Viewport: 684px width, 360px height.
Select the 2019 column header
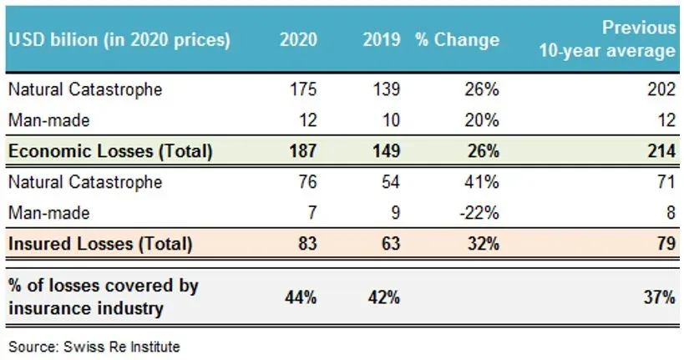click(380, 39)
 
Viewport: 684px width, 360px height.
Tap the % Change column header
click(457, 39)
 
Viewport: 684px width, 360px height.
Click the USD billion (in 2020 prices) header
click(119, 39)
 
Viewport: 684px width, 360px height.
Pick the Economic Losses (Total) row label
click(110, 151)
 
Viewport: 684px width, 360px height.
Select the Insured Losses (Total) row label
click(101, 244)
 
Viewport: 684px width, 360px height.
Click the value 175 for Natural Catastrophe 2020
click(303, 89)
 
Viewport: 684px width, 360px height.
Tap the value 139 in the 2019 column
click(387, 89)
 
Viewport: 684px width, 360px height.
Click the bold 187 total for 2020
click(302, 151)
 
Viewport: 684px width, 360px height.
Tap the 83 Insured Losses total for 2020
click(307, 244)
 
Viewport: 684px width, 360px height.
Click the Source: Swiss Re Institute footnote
click(94, 345)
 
